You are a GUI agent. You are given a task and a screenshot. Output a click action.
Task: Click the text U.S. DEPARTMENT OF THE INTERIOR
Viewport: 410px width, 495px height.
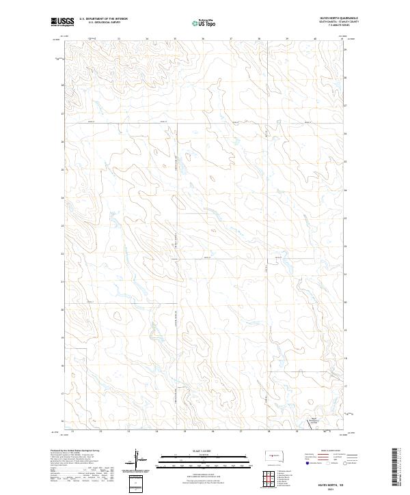pos(103,18)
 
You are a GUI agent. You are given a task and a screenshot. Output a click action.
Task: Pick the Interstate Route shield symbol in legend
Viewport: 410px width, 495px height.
pos(307,463)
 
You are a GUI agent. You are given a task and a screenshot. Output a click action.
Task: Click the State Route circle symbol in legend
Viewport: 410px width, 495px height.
pos(346,463)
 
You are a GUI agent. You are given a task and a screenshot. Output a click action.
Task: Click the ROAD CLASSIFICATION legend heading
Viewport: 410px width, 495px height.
pos(331,451)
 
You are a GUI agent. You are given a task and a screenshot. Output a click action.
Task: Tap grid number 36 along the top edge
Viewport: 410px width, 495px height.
pos(203,39)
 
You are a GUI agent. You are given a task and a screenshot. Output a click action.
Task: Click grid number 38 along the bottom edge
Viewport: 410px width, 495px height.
pos(269,432)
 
